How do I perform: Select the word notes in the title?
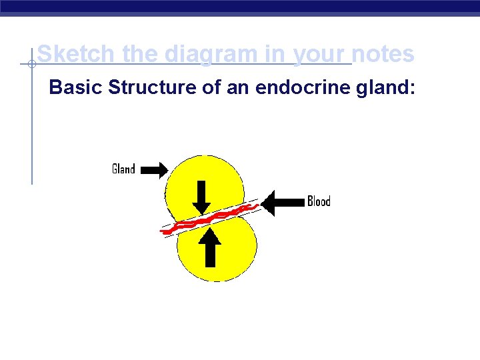(x=383, y=53)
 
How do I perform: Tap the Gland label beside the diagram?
(x=123, y=169)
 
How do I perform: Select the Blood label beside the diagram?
(x=319, y=201)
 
